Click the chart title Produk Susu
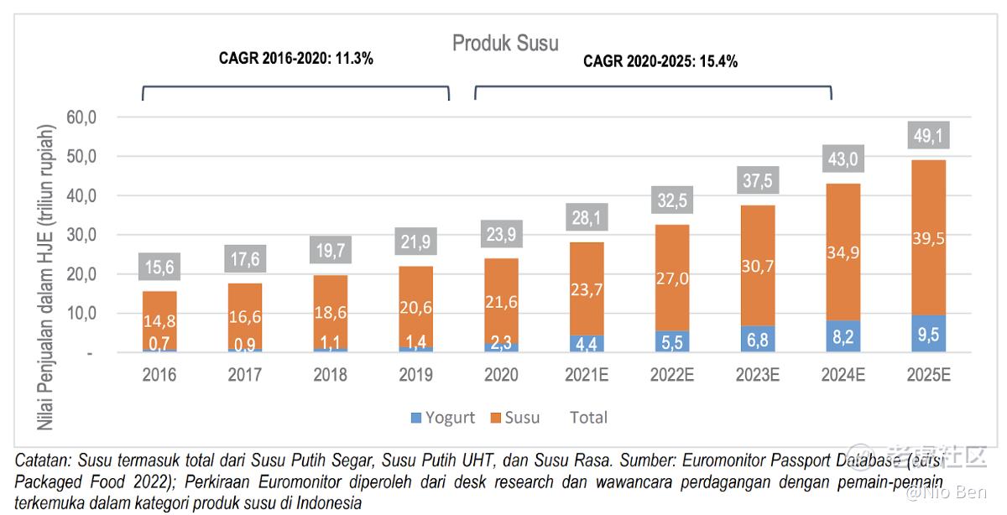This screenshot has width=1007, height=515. coord(505,43)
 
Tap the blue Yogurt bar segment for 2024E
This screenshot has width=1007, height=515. coord(843,336)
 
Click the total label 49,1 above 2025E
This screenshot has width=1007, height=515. coord(929,135)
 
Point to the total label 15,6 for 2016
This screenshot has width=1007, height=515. coord(159,268)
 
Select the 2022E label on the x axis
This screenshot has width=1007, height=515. coord(672,375)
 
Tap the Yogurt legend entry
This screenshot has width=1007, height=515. coord(442,418)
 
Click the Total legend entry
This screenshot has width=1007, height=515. coord(588,418)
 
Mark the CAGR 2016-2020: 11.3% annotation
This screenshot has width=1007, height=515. coord(296,59)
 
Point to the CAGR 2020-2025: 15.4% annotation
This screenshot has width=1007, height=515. coord(660,61)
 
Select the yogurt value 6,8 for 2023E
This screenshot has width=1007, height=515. coord(758,341)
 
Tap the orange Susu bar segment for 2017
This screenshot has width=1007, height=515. coord(245,315)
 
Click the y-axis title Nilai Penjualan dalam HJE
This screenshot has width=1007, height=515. coord(46,277)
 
